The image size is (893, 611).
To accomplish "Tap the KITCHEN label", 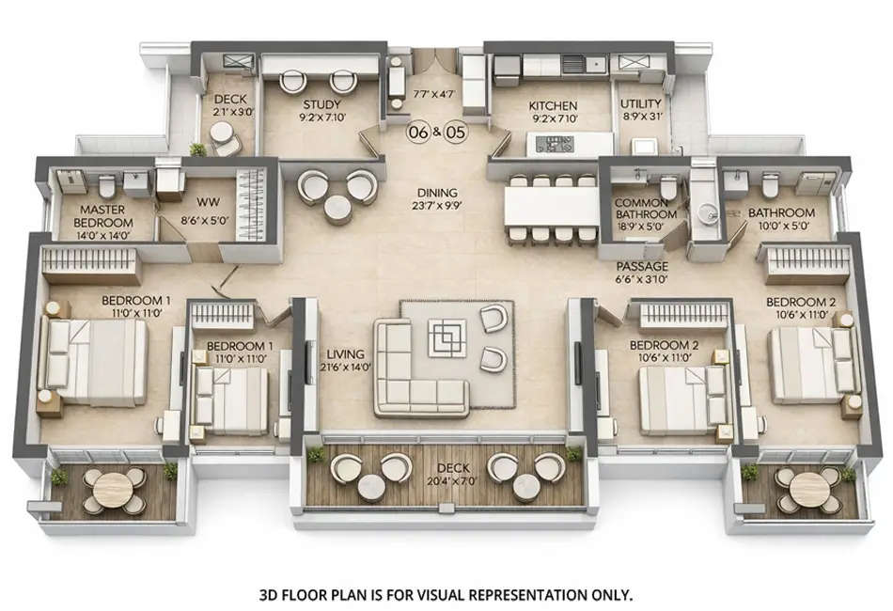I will click(552, 105).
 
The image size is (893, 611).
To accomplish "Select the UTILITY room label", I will click(641, 104).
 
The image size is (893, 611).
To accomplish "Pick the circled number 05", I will click(455, 133).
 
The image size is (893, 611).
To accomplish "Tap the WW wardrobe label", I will click(207, 201).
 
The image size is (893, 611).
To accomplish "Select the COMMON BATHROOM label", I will click(645, 209).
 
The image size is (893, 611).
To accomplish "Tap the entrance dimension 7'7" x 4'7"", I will click(433, 94).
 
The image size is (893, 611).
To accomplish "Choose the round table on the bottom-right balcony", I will click(808, 488).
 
